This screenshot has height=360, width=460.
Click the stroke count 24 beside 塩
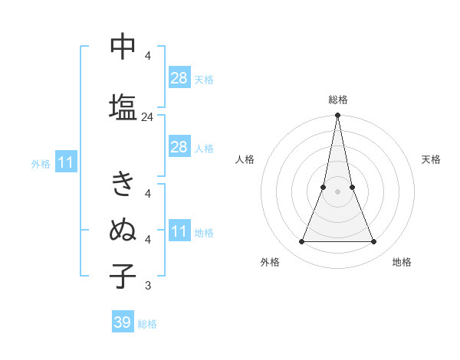(147, 117)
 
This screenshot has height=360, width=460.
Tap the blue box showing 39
(123, 322)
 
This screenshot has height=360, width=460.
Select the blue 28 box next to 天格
(179, 78)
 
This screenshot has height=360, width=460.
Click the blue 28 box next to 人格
(179, 147)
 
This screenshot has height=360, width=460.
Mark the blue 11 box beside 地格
(179, 231)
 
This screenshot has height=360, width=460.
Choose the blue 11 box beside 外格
(65, 162)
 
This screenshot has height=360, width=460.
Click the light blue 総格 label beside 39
(148, 324)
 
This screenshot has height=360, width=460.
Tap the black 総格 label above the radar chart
(337, 100)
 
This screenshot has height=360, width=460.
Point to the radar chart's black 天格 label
(432, 159)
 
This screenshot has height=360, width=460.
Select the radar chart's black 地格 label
(402, 262)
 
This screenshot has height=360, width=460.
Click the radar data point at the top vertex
(337, 116)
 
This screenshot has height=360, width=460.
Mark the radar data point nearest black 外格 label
(301, 242)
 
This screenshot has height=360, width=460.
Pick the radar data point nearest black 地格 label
(374, 242)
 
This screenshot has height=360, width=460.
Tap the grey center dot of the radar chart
(337, 191)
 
